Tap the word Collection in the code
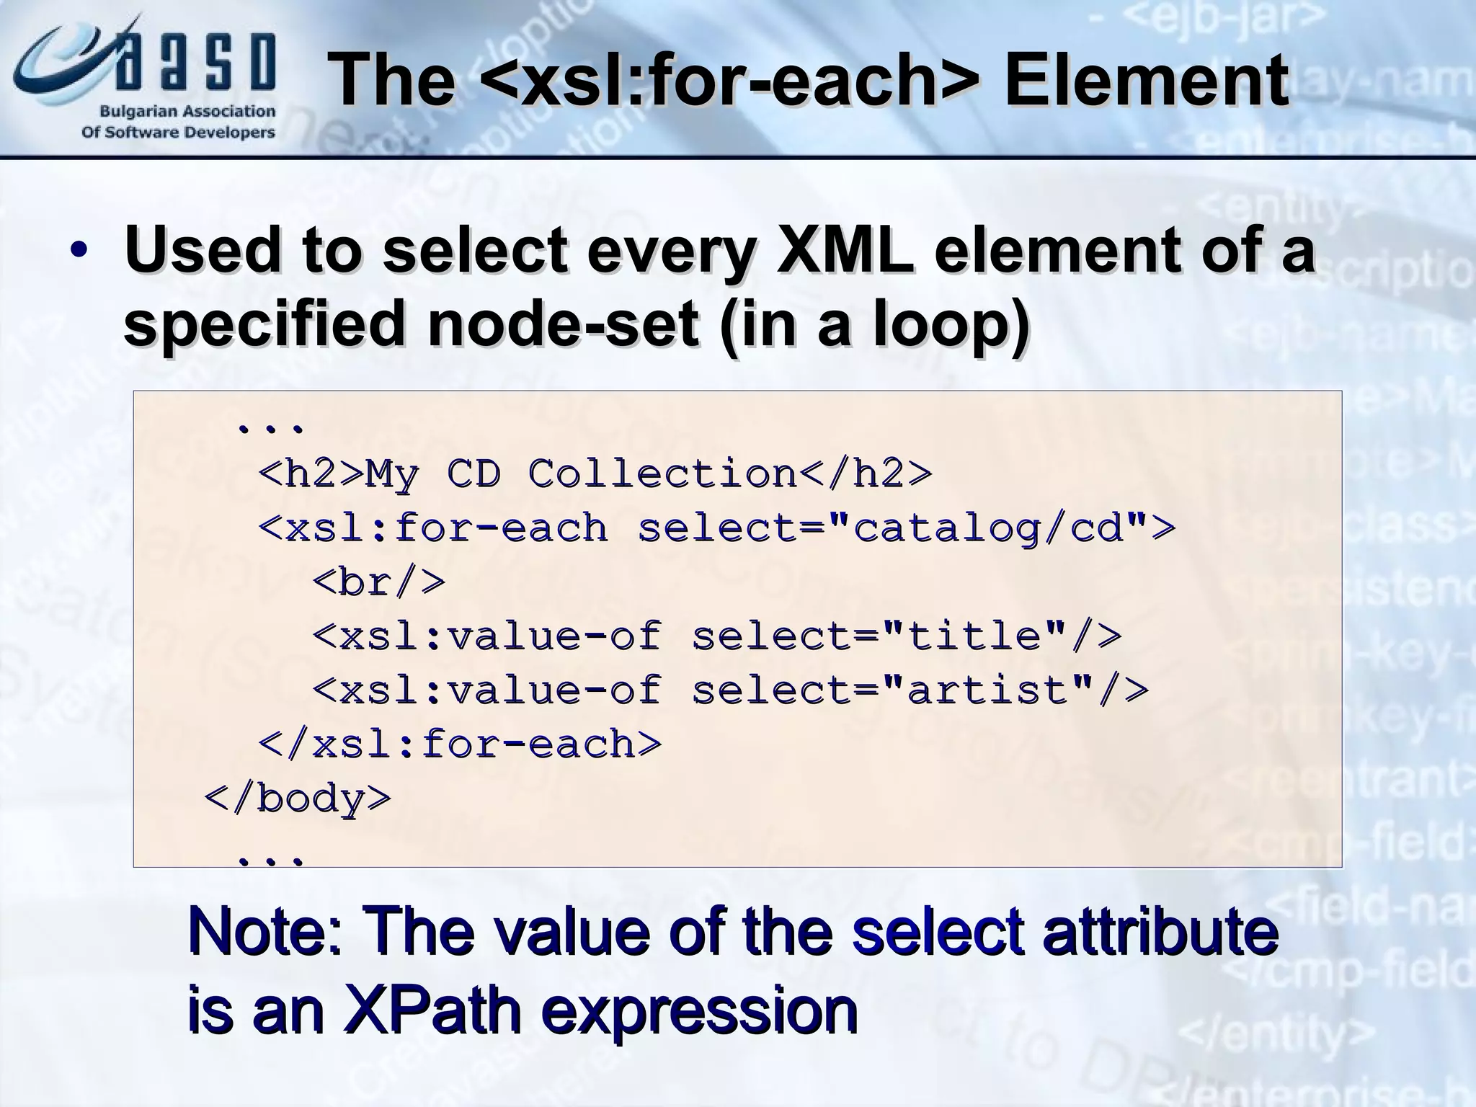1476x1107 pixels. coord(662,474)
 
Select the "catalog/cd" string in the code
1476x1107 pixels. coord(987,528)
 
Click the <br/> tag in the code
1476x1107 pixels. coord(379,582)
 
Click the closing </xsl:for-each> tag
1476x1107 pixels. coord(460,744)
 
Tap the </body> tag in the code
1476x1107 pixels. coord(298,799)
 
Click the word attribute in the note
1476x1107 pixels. coord(1160,932)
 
